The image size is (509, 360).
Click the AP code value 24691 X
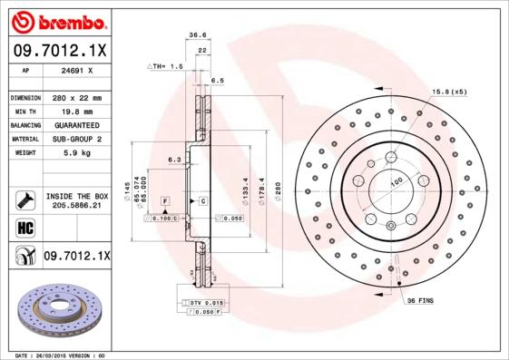[73, 70]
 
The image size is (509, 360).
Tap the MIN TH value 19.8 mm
[73, 111]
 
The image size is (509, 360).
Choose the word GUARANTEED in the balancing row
[73, 124]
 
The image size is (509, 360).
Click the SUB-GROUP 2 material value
[73, 139]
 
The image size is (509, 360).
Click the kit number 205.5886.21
[77, 207]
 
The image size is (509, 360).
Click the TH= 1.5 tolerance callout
[168, 67]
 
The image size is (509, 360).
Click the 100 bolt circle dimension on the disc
[396, 183]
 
